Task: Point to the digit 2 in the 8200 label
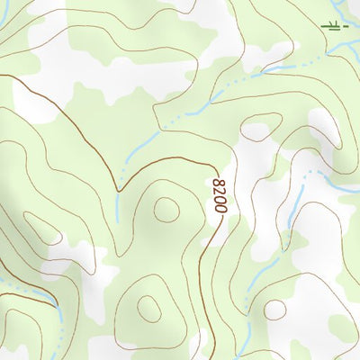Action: point(220,191)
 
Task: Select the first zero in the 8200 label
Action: point(220,199)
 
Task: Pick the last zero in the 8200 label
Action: point(220,208)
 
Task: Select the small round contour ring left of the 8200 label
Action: point(166,210)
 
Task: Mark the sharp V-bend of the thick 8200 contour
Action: point(118,190)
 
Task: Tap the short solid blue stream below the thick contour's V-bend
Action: point(117,209)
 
